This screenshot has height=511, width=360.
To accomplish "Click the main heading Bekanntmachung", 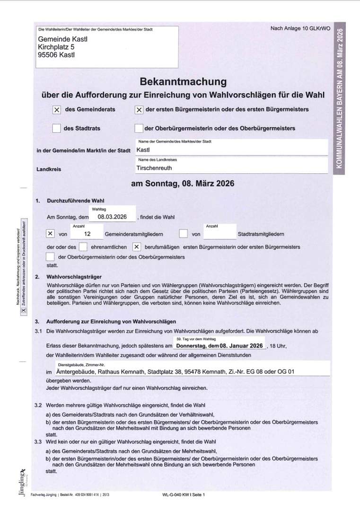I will click(183, 82).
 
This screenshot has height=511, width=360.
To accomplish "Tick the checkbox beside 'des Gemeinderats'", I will click(57, 110).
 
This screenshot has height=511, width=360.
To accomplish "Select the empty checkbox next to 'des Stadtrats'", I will click(57, 128).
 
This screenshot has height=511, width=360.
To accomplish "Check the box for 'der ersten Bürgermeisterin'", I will click(139, 110).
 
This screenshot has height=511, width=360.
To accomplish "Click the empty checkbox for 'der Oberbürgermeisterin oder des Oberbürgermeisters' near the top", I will click(139, 128).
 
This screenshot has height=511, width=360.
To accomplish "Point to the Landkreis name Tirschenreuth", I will click(154, 168).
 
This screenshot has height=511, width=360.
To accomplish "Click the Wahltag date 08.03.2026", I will click(112, 217).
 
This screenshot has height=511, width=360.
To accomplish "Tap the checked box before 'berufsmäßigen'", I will click(136, 247).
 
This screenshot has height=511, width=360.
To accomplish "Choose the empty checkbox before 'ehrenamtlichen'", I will click(83, 247).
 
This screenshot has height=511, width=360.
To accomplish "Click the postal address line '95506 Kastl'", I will click(56, 55).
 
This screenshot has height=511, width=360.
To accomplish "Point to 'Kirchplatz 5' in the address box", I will click(56, 47).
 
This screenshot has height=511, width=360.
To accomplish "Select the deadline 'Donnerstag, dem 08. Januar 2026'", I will click(220, 346).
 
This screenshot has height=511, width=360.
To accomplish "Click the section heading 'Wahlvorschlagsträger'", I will click(74, 276).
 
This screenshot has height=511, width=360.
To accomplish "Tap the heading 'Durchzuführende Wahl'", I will click(76, 201).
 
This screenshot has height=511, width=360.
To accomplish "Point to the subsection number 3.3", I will click(38, 441).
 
